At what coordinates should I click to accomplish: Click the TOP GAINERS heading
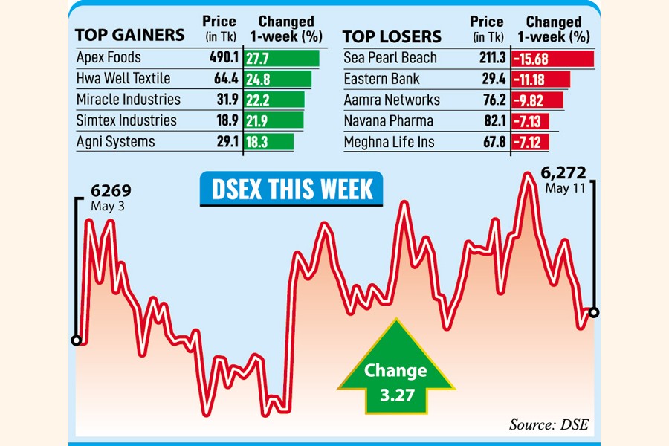(x=130, y=36)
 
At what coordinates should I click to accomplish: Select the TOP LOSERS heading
(x=392, y=36)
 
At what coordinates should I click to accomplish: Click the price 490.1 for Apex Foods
(x=221, y=58)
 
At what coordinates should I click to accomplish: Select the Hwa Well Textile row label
(x=123, y=79)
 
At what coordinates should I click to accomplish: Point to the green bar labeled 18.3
(x=269, y=141)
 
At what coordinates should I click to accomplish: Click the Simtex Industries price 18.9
(x=224, y=120)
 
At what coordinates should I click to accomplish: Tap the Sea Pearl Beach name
(x=390, y=58)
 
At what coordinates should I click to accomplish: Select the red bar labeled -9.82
(x=537, y=100)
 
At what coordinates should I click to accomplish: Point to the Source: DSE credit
(x=547, y=425)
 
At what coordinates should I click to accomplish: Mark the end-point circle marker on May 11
(x=593, y=312)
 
